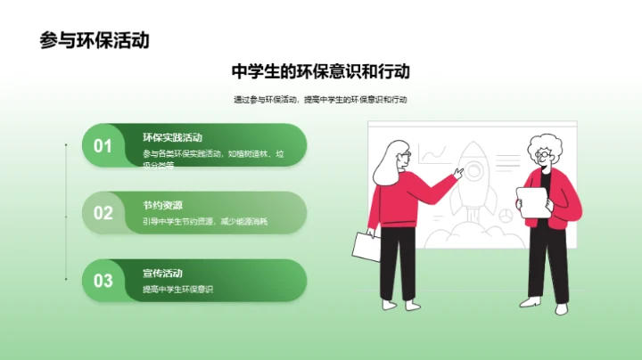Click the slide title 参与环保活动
click(95, 40)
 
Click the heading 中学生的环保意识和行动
click(320, 71)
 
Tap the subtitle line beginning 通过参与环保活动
click(320, 100)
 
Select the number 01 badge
click(103, 146)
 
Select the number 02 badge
click(103, 213)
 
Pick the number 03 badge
click(103, 281)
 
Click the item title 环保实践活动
click(172, 138)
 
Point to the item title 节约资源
click(161, 205)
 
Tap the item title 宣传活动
click(161, 273)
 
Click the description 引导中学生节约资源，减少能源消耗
click(204, 221)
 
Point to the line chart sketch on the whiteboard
click(433, 156)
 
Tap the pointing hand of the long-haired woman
click(457, 175)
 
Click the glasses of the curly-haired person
click(542, 154)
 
